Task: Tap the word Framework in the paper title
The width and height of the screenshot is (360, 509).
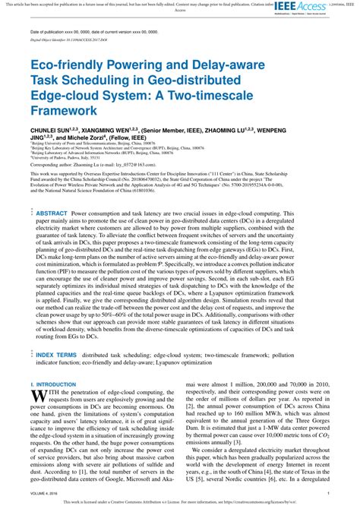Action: click(64, 109)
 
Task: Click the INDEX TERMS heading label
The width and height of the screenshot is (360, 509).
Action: click(56, 354)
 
